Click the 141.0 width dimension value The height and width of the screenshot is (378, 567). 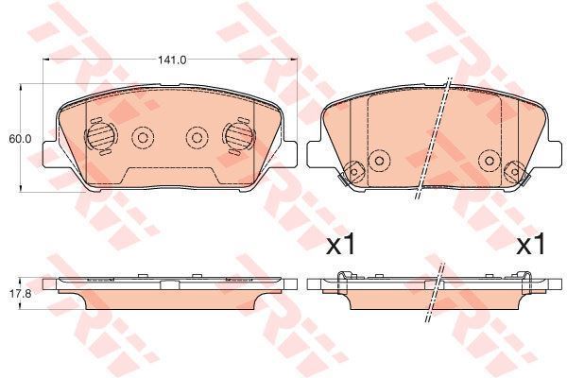point(172,60)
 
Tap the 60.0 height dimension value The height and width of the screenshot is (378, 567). point(20,139)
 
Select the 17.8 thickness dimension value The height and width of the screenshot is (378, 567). point(21,294)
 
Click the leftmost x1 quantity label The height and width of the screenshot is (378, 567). point(341,244)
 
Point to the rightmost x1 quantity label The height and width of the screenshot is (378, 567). point(530,244)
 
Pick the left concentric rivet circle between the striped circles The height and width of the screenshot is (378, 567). point(143,137)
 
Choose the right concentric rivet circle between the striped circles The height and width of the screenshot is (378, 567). point(198,137)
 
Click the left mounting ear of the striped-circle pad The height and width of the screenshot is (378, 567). point(49,154)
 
